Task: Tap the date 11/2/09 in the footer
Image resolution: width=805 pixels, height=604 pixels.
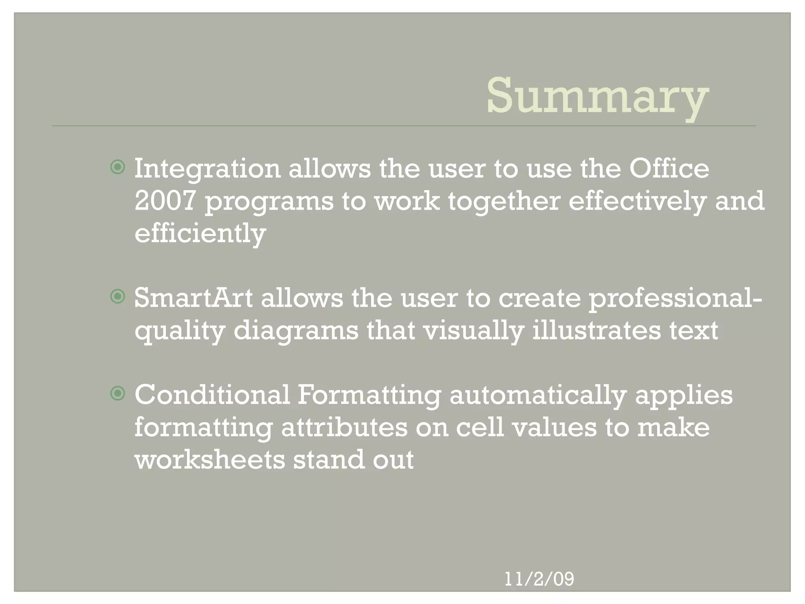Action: pos(539,579)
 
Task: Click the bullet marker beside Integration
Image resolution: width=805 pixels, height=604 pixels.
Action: pos(118,168)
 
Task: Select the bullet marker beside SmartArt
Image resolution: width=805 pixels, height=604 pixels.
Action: pos(118,297)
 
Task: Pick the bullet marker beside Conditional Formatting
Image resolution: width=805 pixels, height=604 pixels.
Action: pos(118,393)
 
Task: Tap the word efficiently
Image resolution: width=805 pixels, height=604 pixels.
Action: pos(200,233)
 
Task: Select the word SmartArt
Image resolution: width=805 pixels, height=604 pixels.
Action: pos(193,298)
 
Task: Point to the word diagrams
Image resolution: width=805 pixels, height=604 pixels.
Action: pos(296,330)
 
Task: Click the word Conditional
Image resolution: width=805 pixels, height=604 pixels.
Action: pos(212,395)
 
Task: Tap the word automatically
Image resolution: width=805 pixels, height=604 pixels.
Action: pos(538,396)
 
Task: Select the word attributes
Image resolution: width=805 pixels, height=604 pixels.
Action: pos(344,427)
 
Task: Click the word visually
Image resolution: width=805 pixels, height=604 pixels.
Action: pos(473,331)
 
